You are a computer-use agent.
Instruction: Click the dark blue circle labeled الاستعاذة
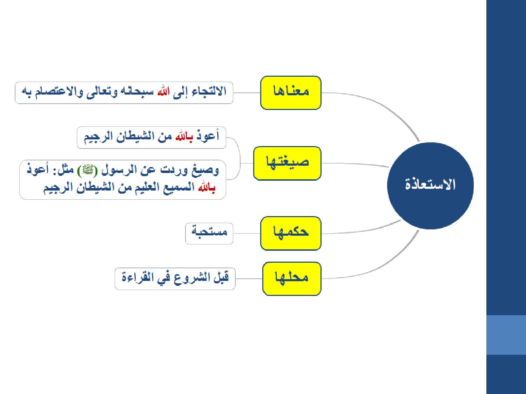click(x=430, y=186)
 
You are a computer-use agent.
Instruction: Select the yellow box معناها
click(x=291, y=93)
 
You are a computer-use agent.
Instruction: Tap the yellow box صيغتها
click(x=287, y=163)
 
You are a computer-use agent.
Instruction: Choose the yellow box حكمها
click(x=291, y=233)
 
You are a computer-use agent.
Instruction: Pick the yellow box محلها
click(x=292, y=279)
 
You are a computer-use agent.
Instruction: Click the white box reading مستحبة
click(x=209, y=234)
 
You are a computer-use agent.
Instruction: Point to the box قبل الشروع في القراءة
click(x=175, y=279)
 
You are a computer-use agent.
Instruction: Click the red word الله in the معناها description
click(x=164, y=92)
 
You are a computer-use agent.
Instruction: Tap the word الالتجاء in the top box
click(x=209, y=91)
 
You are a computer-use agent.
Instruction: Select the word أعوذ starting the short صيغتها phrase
click(x=208, y=136)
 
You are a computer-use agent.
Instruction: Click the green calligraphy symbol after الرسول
click(x=87, y=170)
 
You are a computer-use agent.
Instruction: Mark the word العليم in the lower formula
click(x=147, y=187)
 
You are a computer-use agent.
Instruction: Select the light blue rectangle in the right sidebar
click(x=506, y=335)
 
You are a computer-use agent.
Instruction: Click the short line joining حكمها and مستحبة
click(x=247, y=234)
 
